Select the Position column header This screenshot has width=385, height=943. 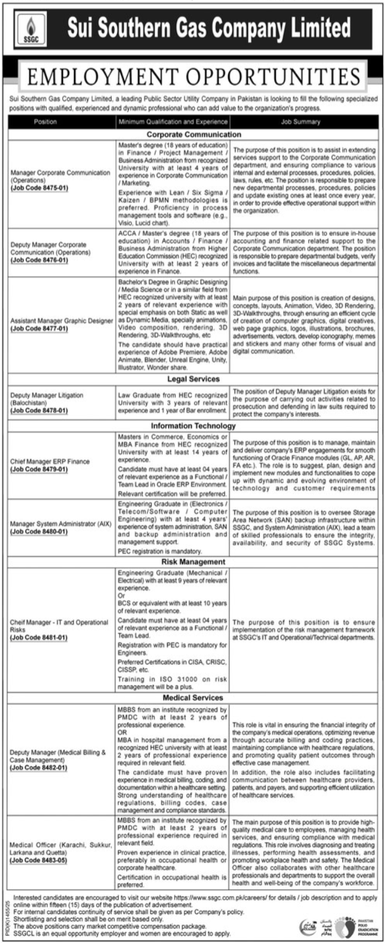45,122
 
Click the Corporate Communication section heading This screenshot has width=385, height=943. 194,134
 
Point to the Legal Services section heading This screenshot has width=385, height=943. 194,379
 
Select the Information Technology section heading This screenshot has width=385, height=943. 194,426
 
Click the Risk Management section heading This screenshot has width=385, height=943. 194,562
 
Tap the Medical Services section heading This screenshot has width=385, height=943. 194,698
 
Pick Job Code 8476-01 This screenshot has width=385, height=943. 39,260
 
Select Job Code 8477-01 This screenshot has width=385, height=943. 39,329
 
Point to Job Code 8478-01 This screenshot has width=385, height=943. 39,410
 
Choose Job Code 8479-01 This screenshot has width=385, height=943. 39,470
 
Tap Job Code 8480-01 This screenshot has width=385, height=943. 39,531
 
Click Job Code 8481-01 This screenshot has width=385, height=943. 39,639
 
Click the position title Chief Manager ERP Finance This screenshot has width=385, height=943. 50,462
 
